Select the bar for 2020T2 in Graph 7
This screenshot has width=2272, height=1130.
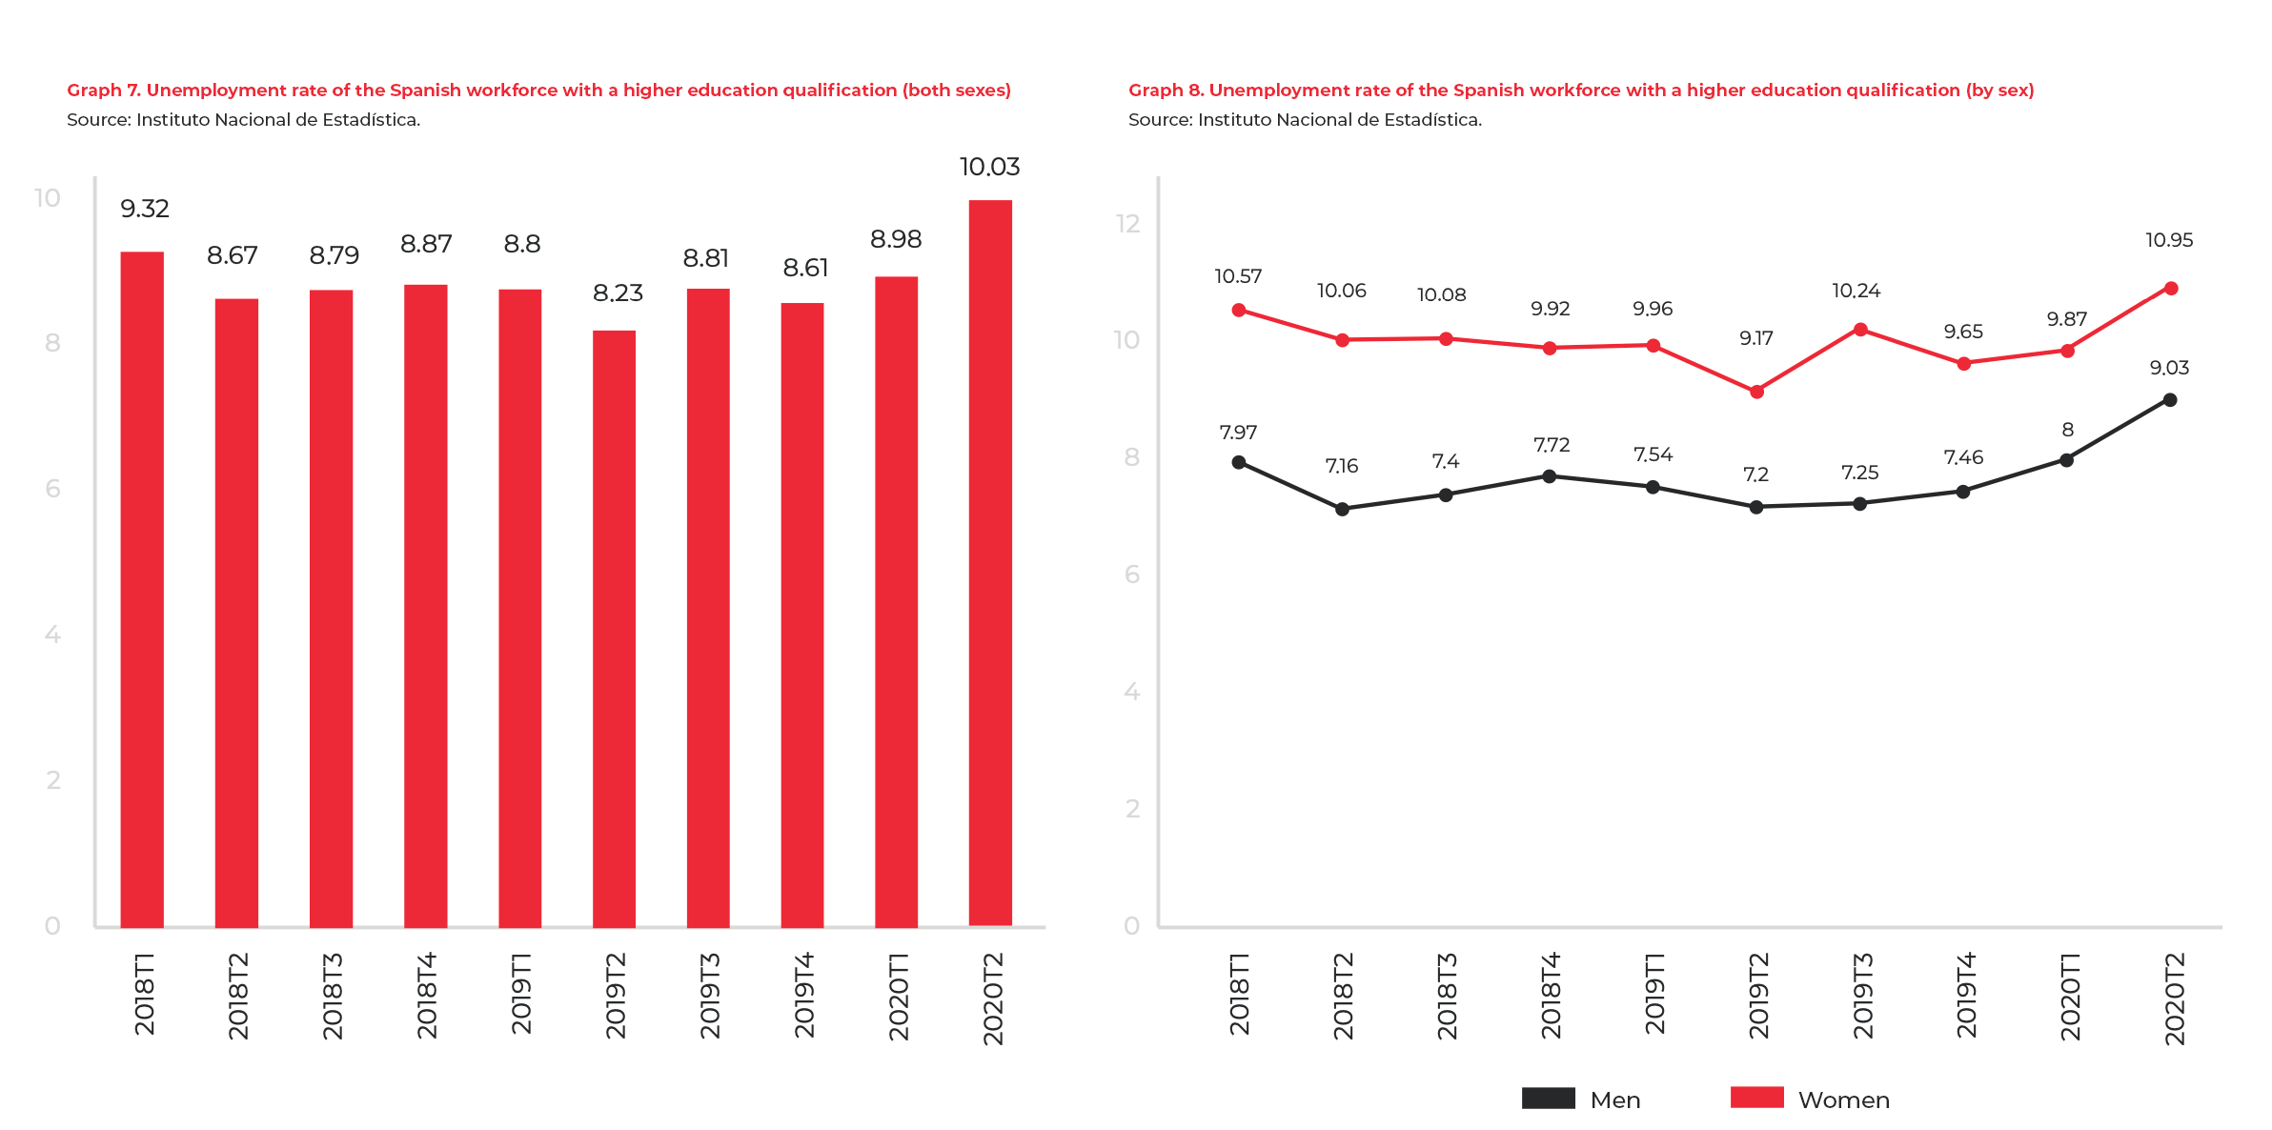990,562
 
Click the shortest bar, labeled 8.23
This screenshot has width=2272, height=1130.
614,629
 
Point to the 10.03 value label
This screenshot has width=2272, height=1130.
989,168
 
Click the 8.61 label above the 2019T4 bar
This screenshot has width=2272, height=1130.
805,269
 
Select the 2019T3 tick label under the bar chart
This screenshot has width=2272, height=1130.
710,995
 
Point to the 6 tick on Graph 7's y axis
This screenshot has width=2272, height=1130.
52,489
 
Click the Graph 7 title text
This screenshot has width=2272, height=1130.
538,91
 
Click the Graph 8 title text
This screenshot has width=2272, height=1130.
1581,91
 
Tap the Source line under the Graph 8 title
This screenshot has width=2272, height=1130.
1305,120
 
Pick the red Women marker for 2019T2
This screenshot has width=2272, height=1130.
1756,392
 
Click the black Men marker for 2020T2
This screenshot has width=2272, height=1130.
2170,400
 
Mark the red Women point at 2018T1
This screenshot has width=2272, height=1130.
1239,310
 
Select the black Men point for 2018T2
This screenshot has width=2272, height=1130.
1342,509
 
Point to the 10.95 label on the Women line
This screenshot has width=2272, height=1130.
2169,241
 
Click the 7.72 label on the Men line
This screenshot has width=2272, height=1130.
1551,445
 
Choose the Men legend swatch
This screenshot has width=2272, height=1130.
1548,1098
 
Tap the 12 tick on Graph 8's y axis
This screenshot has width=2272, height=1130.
1127,224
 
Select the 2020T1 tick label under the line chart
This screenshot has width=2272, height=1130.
2070,995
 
